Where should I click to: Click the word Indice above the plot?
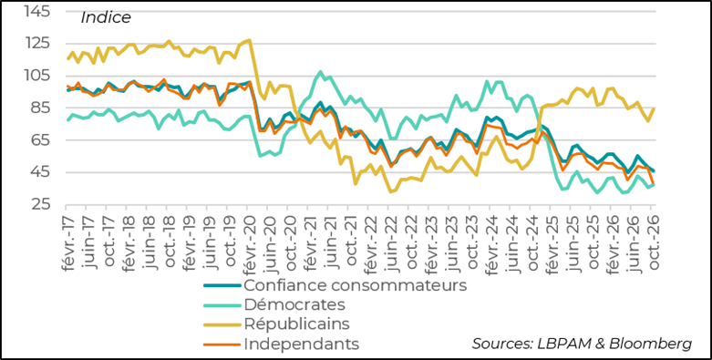pyautogui.click(x=106, y=17)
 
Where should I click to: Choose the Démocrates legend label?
pyautogui.click(x=294, y=304)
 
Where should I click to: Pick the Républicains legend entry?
pyautogui.click(x=297, y=324)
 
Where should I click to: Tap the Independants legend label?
pyautogui.click(x=302, y=344)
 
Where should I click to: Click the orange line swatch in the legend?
pyautogui.click(x=222, y=344)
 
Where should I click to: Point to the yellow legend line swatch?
pyautogui.click(x=222, y=324)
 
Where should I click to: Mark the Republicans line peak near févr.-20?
pyautogui.click(x=249, y=40)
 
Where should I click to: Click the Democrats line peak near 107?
pyautogui.click(x=320, y=72)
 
